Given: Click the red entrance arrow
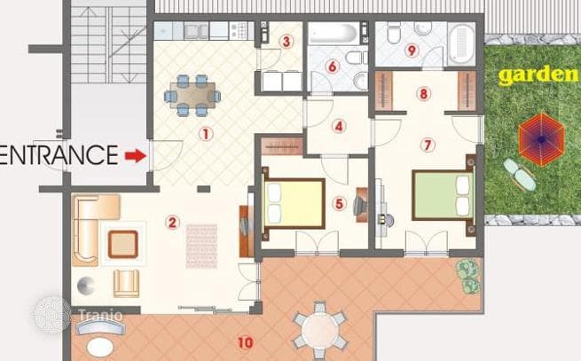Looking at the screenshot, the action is click(x=136, y=156).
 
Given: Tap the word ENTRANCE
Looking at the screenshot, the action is click(x=59, y=155).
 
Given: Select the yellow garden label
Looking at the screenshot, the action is click(x=538, y=75).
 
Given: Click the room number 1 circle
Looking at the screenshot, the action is click(x=206, y=134).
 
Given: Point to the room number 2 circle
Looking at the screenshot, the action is click(x=172, y=223).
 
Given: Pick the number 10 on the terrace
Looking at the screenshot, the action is click(x=246, y=343).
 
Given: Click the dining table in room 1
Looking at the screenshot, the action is click(x=192, y=95).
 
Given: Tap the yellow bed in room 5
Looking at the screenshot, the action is click(x=294, y=204).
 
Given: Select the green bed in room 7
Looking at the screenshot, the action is click(x=444, y=195).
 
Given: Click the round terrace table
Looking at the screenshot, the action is click(x=320, y=331).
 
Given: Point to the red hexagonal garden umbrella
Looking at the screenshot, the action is click(x=541, y=140).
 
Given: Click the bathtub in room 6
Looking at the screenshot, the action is click(x=334, y=34).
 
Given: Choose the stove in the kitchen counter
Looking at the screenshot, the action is click(x=239, y=31).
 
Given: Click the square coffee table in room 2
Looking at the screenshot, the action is click(x=123, y=244).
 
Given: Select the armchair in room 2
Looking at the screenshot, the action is click(x=126, y=284).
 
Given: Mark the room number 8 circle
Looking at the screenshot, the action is click(x=424, y=94).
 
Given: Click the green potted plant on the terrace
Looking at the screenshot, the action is click(x=468, y=276).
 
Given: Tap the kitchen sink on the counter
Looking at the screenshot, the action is click(x=196, y=31).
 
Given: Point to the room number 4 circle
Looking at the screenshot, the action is click(x=339, y=127).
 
